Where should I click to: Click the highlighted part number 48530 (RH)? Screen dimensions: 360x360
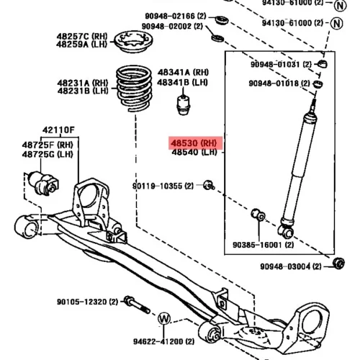[x=194, y=143]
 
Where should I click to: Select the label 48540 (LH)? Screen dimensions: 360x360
[x=194, y=152]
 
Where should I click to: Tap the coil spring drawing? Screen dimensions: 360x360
[x=134, y=89]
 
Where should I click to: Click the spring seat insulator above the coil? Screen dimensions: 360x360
[x=133, y=42]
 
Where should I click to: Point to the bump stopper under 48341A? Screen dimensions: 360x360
[x=184, y=105]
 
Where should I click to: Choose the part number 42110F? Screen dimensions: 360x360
[x=58, y=130]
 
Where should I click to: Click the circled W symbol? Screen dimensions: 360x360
[x=164, y=319]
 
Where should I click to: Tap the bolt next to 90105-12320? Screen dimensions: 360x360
[x=137, y=305]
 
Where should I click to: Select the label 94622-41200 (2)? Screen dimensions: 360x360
[x=164, y=341]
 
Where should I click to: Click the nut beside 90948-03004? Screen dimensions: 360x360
[x=338, y=264]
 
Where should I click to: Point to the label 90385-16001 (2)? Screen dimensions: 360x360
[x=264, y=245]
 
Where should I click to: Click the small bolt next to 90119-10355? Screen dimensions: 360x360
[x=209, y=185]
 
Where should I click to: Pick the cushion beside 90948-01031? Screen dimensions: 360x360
[x=322, y=64]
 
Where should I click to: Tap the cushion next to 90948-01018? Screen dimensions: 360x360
[x=318, y=84]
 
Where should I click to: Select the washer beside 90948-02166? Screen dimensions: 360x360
[x=221, y=20]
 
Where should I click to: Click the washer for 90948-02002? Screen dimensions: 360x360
[x=217, y=38]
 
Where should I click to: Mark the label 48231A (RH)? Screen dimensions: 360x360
[x=83, y=83]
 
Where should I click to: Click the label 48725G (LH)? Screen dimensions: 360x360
[x=48, y=154]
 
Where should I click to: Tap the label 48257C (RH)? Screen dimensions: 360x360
[x=82, y=37]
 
